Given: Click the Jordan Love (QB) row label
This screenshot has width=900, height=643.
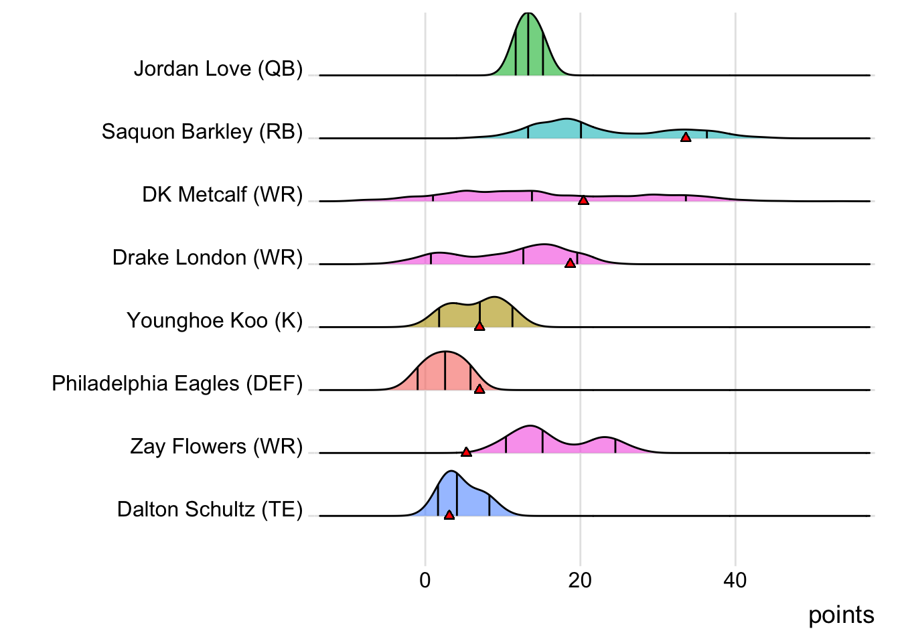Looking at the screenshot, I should pyautogui.click(x=218, y=69).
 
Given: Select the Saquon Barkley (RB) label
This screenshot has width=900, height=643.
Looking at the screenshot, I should pyautogui.click(x=202, y=132).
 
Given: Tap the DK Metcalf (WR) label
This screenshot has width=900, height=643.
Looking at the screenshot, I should pyautogui.click(x=222, y=195).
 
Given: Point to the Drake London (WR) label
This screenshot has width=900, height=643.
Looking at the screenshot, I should pyautogui.click(x=208, y=258).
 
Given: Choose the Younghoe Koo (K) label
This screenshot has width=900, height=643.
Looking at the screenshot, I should pyautogui.click(x=215, y=321).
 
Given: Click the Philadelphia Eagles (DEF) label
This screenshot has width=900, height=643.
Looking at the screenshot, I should pyautogui.click(x=177, y=384).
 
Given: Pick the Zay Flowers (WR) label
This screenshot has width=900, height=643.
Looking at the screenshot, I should pyautogui.click(x=216, y=447).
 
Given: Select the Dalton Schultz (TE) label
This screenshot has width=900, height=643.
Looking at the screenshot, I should pyautogui.click(x=210, y=510).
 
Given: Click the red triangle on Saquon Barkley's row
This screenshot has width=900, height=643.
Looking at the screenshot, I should pyautogui.click(x=686, y=137).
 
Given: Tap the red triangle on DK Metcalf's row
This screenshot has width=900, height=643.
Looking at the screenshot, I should pyautogui.click(x=583, y=200).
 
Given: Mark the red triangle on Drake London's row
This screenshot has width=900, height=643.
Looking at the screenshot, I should pyautogui.click(x=570, y=263).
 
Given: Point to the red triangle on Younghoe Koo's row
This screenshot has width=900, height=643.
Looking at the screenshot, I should pyautogui.click(x=479, y=326).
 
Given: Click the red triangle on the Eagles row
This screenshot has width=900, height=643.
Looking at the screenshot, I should pyautogui.click(x=479, y=389).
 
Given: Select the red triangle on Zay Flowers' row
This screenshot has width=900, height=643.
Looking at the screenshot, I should pyautogui.click(x=466, y=452).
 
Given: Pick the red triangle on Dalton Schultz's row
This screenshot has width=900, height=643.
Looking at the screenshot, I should pyautogui.click(x=449, y=515).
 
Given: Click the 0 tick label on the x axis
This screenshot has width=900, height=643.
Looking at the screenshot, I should pyautogui.click(x=425, y=580).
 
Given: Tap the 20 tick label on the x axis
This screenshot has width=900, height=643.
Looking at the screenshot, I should pyautogui.click(x=580, y=580).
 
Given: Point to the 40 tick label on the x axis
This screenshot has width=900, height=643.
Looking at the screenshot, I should pyautogui.click(x=735, y=580).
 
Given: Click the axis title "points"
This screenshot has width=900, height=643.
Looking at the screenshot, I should pyautogui.click(x=841, y=615).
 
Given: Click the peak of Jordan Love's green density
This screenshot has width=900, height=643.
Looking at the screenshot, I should pyautogui.click(x=528, y=14).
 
